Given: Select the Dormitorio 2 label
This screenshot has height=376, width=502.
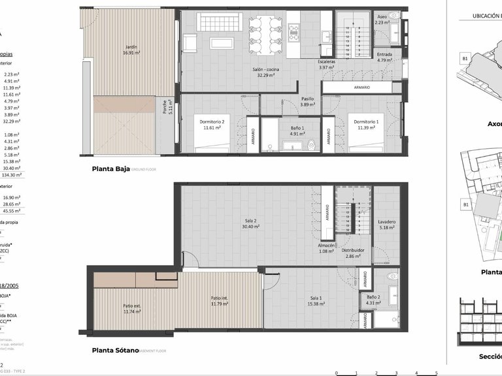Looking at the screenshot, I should (x=213, y=121).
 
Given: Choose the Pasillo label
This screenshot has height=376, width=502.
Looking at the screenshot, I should (x=307, y=99).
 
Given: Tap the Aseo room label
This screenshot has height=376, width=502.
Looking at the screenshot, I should (x=383, y=16).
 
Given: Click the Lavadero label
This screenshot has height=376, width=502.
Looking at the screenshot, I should (x=388, y=221).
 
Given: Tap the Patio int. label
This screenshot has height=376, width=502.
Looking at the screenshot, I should (x=220, y=298).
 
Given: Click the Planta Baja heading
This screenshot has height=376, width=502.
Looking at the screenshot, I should (x=111, y=168).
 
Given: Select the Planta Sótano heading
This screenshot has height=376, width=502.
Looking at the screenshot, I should (x=115, y=350).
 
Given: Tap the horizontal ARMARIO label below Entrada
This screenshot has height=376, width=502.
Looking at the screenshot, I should (x=362, y=87).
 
